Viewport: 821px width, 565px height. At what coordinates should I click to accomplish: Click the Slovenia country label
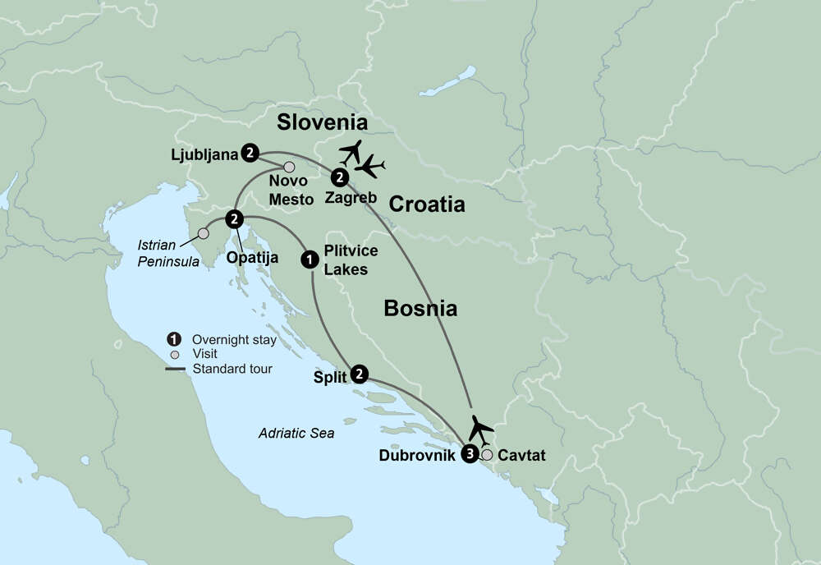point(321,122)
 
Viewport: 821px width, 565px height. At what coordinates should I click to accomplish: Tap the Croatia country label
point(427,204)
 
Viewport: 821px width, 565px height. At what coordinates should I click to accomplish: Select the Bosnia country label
point(420,309)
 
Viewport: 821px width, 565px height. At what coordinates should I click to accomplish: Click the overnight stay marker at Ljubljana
point(250,153)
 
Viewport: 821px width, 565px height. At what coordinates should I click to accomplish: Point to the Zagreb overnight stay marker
point(338,177)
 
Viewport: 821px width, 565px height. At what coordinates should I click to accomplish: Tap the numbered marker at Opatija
point(235,218)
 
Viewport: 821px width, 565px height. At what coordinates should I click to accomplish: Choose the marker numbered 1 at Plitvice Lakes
point(310,259)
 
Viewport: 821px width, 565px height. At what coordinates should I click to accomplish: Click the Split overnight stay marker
point(359,374)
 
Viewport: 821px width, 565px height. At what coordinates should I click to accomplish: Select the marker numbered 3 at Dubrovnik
point(470,453)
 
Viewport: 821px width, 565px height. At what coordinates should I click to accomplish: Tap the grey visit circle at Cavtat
point(488,454)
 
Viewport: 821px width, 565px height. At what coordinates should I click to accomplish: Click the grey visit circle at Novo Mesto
point(289,168)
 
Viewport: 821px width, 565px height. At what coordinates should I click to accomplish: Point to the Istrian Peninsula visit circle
point(203,234)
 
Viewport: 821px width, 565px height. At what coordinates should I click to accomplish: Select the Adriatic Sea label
point(296,433)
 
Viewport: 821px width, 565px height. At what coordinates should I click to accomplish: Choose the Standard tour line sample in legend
point(175,370)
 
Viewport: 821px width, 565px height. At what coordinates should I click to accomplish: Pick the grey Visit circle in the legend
point(174,355)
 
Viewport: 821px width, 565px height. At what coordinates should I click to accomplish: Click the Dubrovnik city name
point(416,454)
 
